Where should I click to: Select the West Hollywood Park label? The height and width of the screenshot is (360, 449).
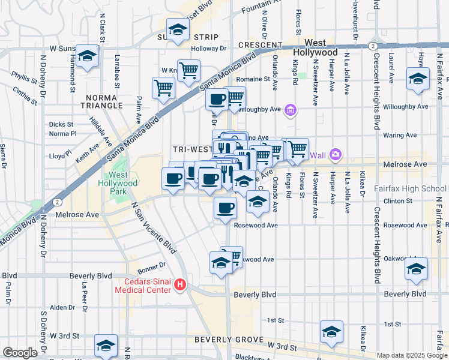click(x=118, y=183)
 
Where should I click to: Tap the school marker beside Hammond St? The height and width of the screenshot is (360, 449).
click(x=88, y=57)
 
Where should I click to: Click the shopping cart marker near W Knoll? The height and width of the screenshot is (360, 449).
click(x=188, y=70)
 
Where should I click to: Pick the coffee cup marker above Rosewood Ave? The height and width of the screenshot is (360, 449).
click(x=226, y=208)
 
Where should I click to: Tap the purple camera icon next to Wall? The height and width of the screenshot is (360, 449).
click(x=335, y=155)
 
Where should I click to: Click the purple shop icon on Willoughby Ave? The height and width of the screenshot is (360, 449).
click(x=291, y=110)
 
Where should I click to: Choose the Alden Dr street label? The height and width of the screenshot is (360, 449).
click(x=62, y=307)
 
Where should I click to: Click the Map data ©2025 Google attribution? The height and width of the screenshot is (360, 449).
click(x=412, y=355)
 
